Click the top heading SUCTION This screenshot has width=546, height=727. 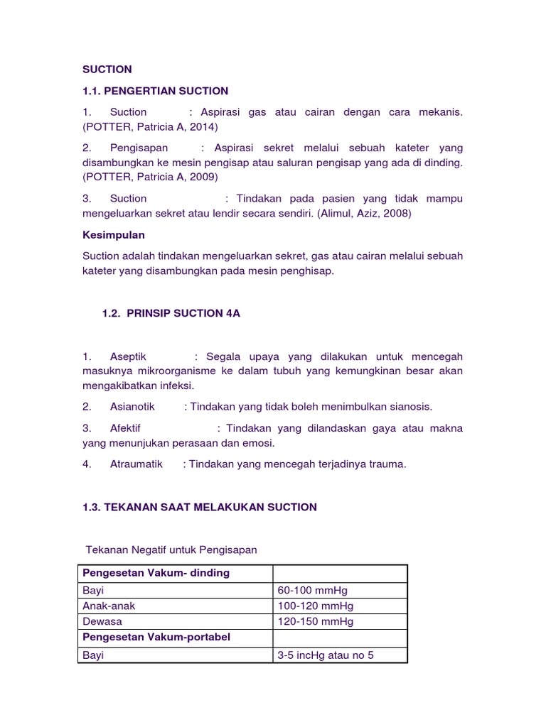point(107,69)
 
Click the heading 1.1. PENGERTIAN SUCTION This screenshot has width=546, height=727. point(156,90)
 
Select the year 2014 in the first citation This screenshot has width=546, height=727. point(202,127)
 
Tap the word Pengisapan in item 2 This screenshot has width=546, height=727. point(139,148)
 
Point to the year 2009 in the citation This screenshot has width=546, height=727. point(202,177)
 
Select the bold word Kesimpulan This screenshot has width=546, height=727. point(114,234)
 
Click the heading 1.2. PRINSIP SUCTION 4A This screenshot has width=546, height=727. point(171,313)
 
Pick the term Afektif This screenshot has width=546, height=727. point(126,428)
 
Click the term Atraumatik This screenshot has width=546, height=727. point(136,464)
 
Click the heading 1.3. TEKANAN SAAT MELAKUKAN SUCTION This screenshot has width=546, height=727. point(200,507)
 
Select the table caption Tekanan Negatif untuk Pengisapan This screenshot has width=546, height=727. point(171,550)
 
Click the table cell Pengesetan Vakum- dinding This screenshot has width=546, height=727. point(156,573)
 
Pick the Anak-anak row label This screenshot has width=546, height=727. point(107,606)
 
